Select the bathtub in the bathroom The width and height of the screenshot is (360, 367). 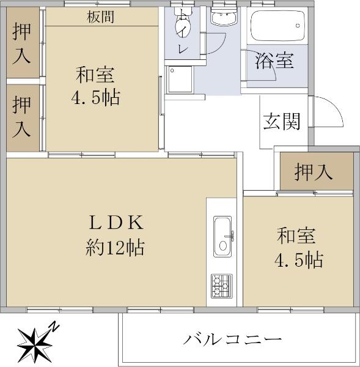click(277, 26)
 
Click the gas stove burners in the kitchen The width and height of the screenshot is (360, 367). click(222, 286)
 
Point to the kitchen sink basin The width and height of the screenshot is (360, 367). click(222, 236)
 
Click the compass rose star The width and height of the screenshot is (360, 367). click(35, 345)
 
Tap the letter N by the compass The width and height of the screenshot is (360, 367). click(54, 327)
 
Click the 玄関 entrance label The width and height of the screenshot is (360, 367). click(281, 121)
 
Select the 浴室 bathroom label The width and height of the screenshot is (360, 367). click(274, 61)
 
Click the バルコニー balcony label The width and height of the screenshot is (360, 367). click(232, 339)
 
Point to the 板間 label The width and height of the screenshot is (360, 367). click(100, 17)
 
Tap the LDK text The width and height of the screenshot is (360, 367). click(116, 223)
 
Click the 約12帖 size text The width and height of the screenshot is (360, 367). click(115, 248)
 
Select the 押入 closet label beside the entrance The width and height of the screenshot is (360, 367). click(314, 172)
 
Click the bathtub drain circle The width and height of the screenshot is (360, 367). click(298, 26)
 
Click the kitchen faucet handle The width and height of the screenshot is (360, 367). click(232, 236)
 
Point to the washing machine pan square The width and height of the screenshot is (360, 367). click(180, 80)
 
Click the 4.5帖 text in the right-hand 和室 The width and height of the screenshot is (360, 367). click(299, 260)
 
